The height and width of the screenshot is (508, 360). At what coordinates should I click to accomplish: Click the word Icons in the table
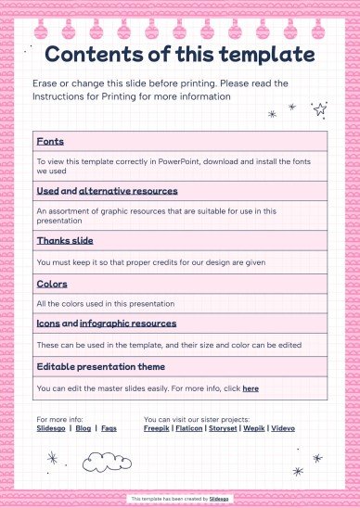[x=47, y=324]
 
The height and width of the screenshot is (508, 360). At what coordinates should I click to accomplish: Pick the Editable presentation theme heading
[x=95, y=366]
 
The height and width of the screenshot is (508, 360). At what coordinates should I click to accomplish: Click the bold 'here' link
[x=251, y=388]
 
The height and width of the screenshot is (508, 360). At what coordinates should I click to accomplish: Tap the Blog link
[x=84, y=428]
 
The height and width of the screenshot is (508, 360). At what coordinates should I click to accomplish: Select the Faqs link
[x=109, y=428]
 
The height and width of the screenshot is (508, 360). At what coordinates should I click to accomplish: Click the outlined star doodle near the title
[x=320, y=108]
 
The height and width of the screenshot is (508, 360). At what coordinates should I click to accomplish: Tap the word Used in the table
[x=47, y=191]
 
